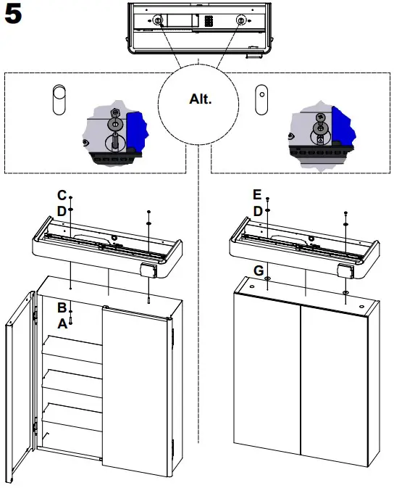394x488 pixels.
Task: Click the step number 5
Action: click(x=17, y=17)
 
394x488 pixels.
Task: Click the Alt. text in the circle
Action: click(x=200, y=99)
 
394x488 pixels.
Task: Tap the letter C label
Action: click(x=62, y=195)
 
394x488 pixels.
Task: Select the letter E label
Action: click(x=257, y=195)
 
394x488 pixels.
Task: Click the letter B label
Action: click(x=62, y=308)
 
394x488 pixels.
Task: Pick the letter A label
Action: click(x=62, y=324)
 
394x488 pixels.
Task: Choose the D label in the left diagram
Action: click(x=62, y=210)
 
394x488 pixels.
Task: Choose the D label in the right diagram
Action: click(x=257, y=210)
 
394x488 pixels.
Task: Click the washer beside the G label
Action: click(x=269, y=278)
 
